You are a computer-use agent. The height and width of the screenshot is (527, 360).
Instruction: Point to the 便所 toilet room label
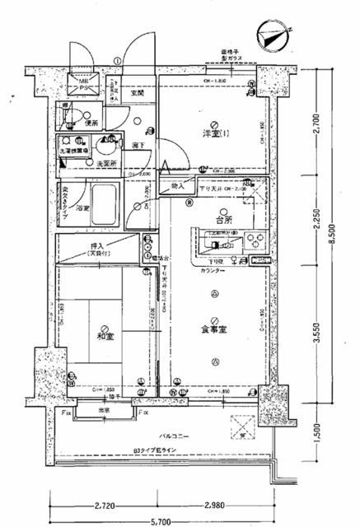point(91,124)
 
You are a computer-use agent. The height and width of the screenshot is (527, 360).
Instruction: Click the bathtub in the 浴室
point(104,200)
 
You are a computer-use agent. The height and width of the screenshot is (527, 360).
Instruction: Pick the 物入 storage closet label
point(177,188)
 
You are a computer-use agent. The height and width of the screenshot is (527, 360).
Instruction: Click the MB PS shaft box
point(81,83)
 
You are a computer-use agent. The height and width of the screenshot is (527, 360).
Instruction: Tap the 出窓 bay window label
point(105,411)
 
